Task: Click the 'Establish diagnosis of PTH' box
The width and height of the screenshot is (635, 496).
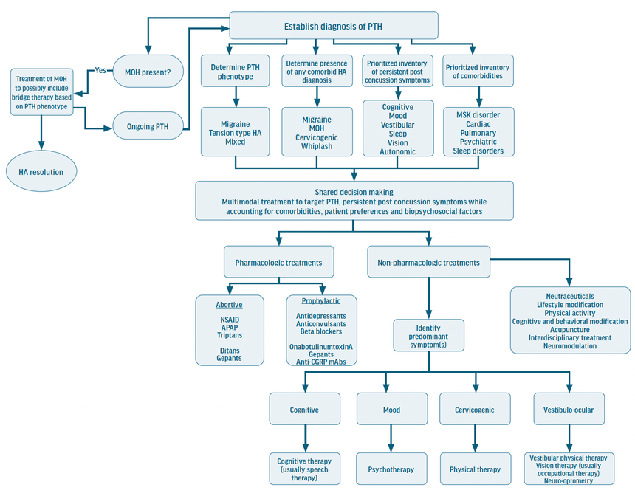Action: pos(335,27)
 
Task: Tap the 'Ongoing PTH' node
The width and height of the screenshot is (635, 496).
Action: pos(147,126)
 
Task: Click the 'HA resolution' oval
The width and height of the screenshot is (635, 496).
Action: pos(41,172)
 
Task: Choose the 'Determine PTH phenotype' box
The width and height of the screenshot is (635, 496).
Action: pos(237,72)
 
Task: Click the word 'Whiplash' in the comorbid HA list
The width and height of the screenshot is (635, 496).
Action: pos(317,146)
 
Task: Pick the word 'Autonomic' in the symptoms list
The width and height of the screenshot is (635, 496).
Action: pos(397,151)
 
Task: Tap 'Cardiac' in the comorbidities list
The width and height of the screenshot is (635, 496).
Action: pos(478,124)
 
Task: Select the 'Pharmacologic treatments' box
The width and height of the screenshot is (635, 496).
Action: pos(278,262)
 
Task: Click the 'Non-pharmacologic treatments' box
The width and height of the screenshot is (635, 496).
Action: pos(428,262)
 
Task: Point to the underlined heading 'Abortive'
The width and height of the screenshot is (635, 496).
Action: pos(229,304)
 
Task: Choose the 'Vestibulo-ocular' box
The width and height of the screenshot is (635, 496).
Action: pos(569,410)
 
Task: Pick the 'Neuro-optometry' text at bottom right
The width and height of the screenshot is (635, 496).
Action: pos(569,480)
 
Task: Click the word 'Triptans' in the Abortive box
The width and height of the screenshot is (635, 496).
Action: pos(229,335)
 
